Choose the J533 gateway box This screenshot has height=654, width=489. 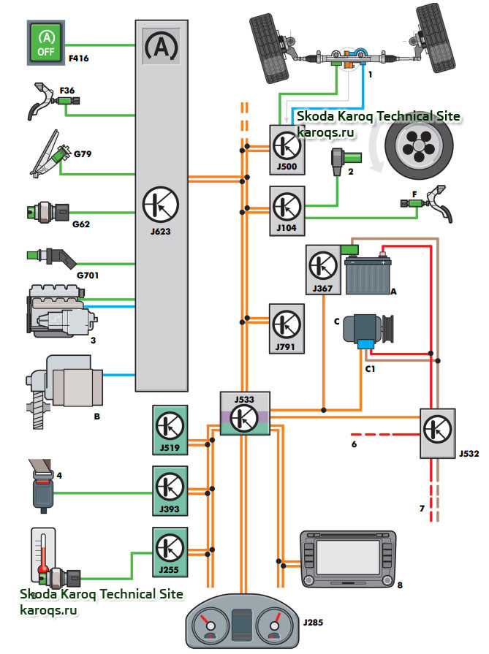[x=246, y=414]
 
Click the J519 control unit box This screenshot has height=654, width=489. [x=170, y=427]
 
